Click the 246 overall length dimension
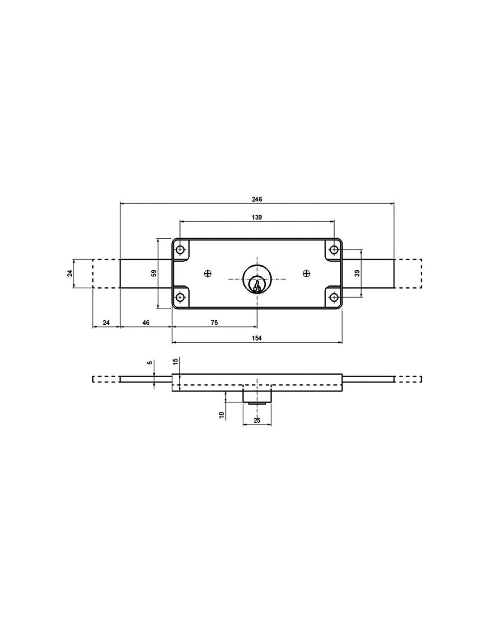tap(257, 199)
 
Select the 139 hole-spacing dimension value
tap(257, 217)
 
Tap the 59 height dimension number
tap(154, 273)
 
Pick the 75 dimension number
tap(214, 322)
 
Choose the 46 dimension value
tap(146, 322)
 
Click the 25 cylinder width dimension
tap(257, 420)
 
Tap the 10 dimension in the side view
tap(221, 415)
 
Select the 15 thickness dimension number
tap(175, 361)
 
